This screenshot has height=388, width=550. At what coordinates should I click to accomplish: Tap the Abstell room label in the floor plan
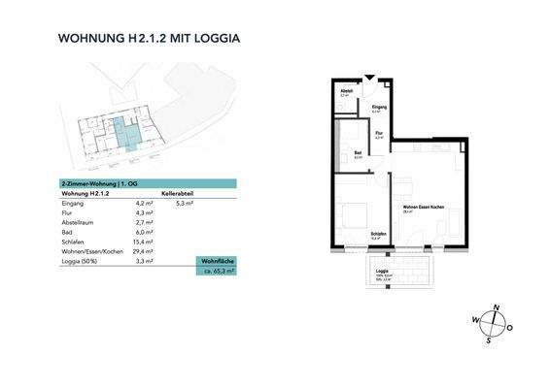click(x=345, y=93)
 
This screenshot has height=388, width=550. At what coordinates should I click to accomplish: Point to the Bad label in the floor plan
click(x=359, y=153)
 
